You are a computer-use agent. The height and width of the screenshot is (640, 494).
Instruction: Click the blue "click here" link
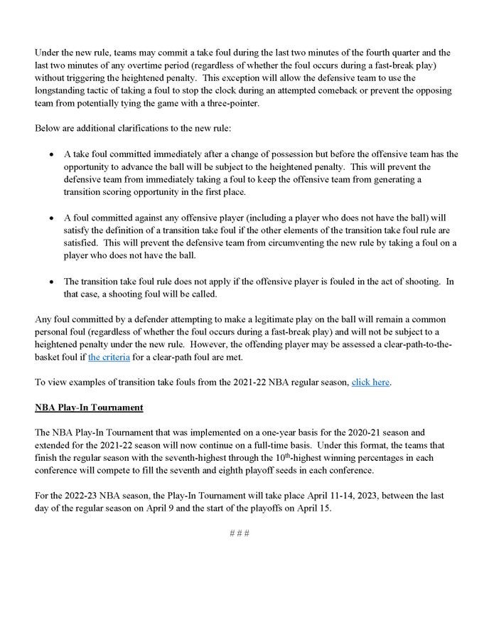click(x=370, y=382)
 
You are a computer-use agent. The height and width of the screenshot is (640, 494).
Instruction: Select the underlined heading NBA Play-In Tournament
click(x=89, y=407)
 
